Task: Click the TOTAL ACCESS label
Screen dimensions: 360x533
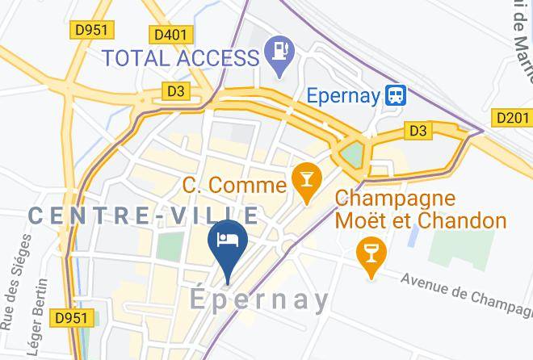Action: [179, 57]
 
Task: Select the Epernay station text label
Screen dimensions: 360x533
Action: [343, 95]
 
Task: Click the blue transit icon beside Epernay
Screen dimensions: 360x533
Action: [396, 95]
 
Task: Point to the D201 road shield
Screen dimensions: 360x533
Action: [513, 119]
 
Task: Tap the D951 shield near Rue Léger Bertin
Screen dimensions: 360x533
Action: [71, 318]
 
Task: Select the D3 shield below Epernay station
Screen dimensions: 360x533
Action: [418, 129]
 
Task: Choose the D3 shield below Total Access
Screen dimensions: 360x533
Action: [175, 91]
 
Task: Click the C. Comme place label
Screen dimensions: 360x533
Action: [234, 185]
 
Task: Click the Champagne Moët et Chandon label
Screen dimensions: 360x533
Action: [420, 209]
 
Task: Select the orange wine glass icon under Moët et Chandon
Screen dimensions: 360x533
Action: [371, 255]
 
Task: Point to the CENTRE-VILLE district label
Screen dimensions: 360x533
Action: [144, 216]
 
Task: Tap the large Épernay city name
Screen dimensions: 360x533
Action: [259, 300]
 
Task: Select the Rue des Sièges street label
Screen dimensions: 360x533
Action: [18, 281]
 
